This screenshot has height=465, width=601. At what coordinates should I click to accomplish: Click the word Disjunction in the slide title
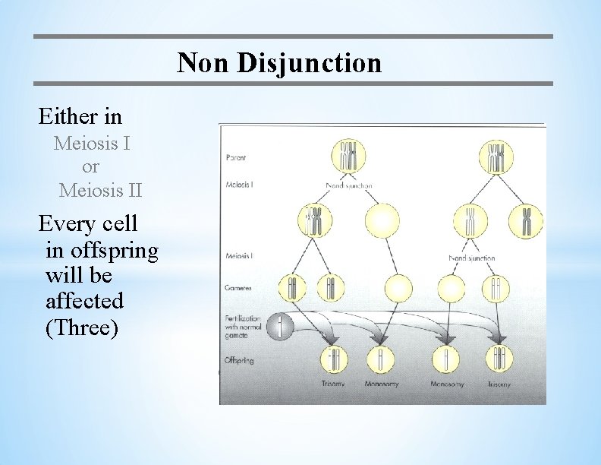click(309, 63)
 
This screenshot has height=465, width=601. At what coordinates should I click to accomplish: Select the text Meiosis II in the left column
click(100, 190)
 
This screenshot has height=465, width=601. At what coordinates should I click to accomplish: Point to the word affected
click(84, 301)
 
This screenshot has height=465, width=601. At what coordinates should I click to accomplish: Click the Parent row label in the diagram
click(236, 158)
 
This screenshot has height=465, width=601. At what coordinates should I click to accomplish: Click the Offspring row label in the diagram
click(240, 359)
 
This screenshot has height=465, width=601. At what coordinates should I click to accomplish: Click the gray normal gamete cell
click(280, 327)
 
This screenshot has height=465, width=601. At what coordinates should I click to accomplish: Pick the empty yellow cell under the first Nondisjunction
click(382, 221)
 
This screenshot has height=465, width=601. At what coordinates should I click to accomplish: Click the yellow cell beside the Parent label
click(349, 157)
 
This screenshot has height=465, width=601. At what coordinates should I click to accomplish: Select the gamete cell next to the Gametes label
click(293, 288)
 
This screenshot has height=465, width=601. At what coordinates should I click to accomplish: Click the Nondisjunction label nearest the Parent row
click(348, 185)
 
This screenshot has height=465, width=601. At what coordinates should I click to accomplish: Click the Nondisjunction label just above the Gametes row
click(471, 258)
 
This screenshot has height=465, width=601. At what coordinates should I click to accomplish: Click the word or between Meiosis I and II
click(90, 166)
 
